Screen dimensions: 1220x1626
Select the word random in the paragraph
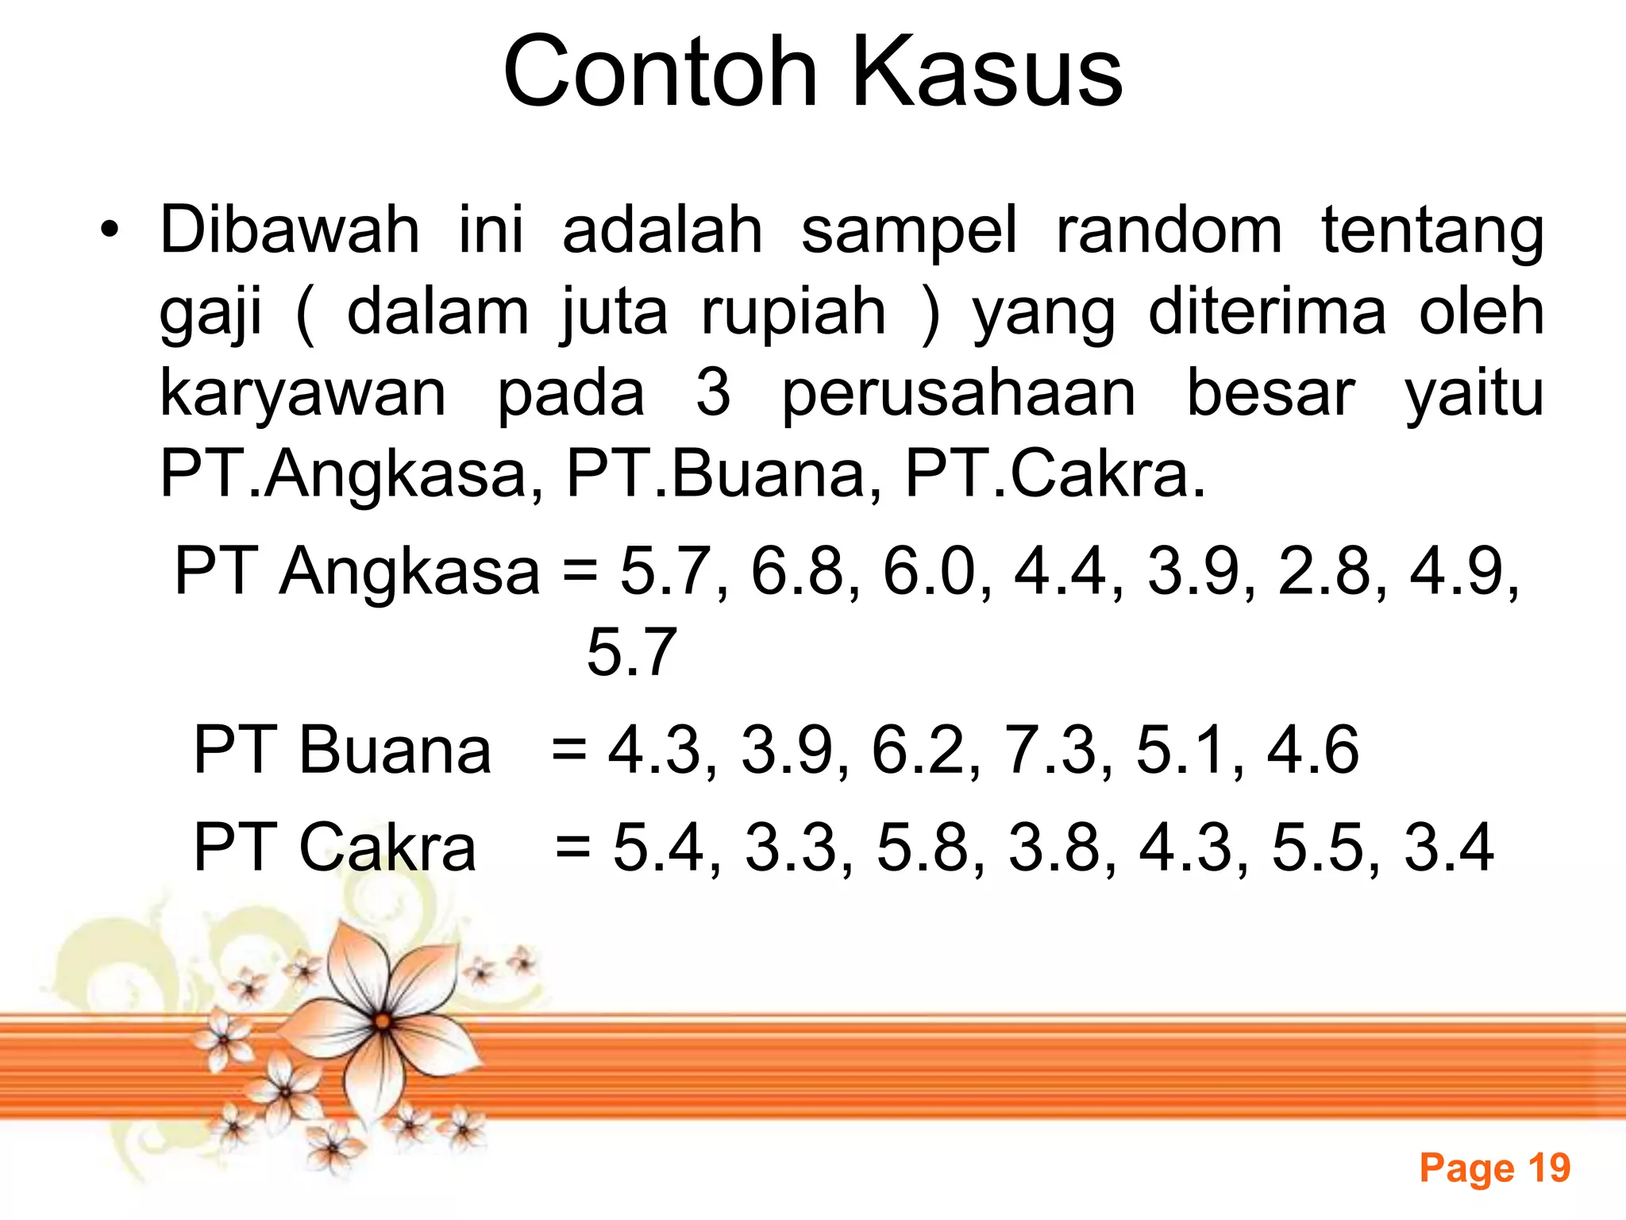1169,230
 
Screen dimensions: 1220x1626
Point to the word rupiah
793,312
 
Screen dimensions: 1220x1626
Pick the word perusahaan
959,394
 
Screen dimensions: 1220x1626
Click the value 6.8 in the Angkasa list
798,571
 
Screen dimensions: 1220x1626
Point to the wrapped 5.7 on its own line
631,652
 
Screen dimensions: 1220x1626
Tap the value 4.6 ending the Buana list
1313,750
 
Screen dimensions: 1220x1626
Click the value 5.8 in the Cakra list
923,847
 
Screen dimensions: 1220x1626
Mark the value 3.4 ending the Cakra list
1450,847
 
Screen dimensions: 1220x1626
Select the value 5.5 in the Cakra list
1319,847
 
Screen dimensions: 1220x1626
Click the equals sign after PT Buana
569,751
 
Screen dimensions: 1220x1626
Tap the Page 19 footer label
1495,1168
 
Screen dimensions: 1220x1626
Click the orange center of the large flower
383,1021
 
